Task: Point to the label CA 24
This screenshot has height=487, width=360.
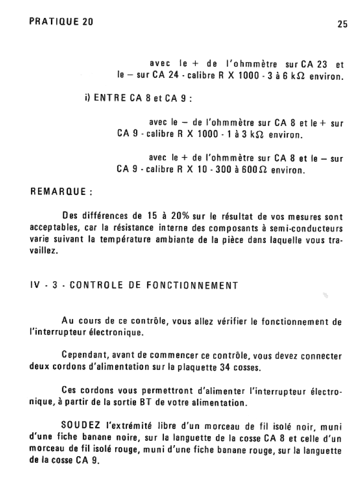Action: tap(165, 76)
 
